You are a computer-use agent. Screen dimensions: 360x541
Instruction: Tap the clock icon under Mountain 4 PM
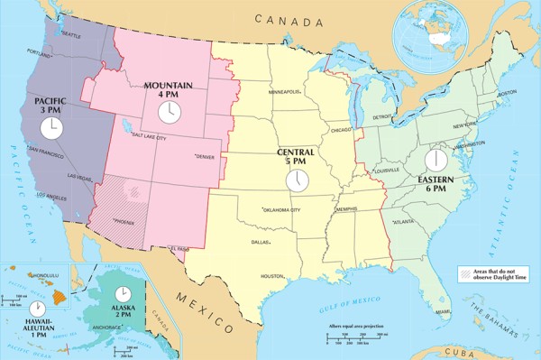pyautogui.click(x=168, y=111)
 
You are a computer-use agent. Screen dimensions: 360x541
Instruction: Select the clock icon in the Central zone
pyautogui.click(x=297, y=180)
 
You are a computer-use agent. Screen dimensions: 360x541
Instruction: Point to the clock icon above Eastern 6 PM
pyautogui.click(x=436, y=161)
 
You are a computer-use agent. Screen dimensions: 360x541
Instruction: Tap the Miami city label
pyautogui.click(x=442, y=312)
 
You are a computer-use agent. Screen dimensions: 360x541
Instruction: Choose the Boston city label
pyautogui.click(x=506, y=92)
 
